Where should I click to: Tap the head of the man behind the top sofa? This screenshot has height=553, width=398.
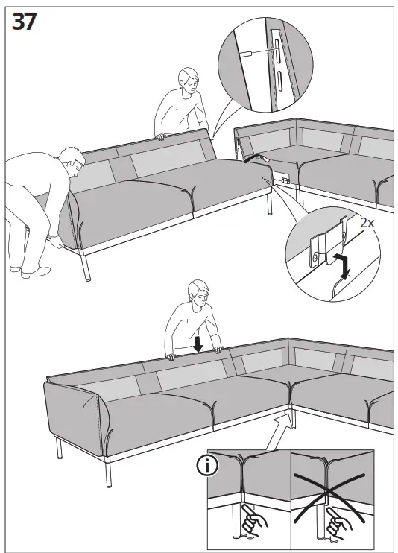click(x=188, y=80)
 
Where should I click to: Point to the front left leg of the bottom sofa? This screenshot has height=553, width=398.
click(x=59, y=448)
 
